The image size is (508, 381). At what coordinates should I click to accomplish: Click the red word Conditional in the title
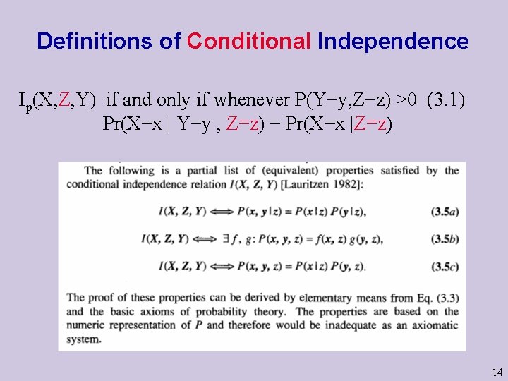click(249, 41)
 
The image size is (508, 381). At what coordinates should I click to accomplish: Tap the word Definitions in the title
click(98, 41)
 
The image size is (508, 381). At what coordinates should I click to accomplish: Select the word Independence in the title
click(393, 41)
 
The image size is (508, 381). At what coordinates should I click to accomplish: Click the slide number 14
click(497, 373)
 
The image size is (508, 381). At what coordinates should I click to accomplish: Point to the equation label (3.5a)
click(444, 211)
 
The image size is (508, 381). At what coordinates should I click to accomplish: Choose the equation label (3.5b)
click(444, 239)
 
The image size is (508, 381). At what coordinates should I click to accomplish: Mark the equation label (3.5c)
click(444, 266)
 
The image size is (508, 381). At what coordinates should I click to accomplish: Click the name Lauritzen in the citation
click(305, 184)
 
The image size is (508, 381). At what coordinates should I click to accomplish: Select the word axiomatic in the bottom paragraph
click(432, 325)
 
